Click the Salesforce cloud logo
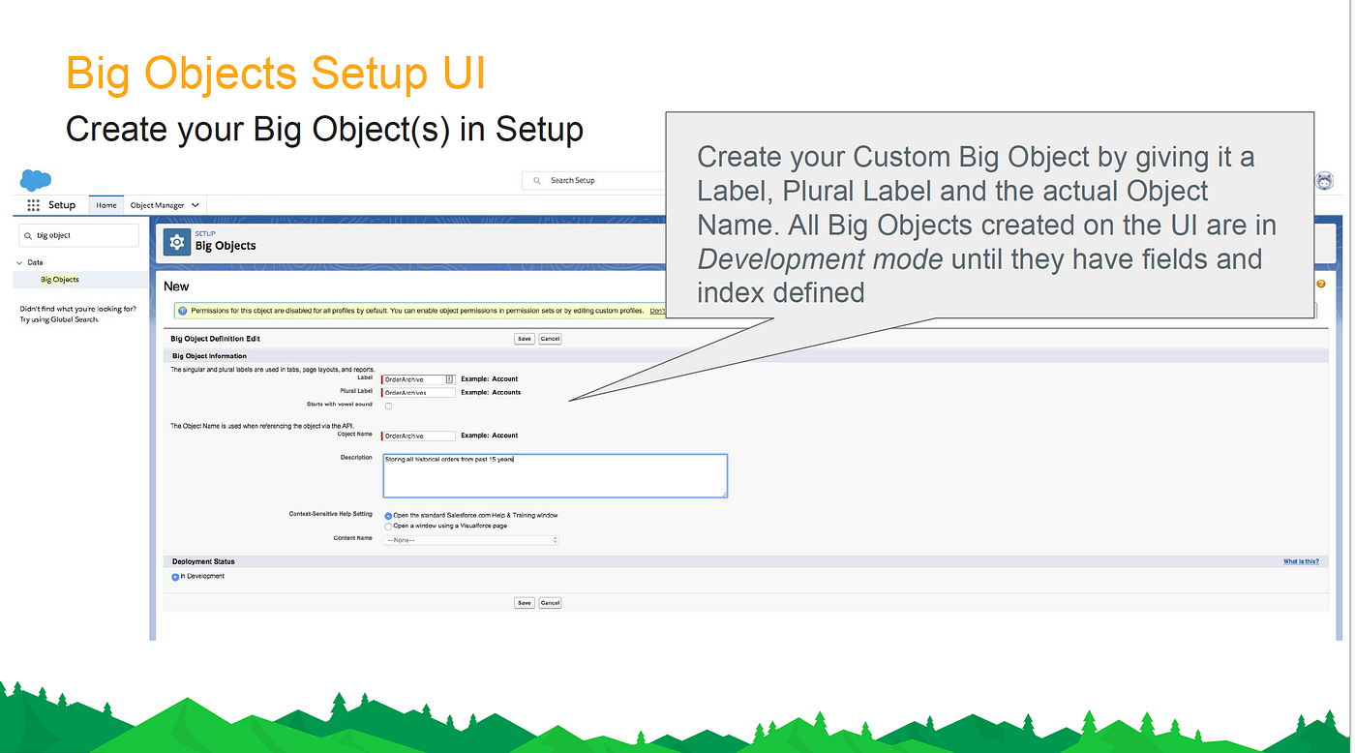click(36, 180)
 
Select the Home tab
click(106, 205)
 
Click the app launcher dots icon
click(33, 205)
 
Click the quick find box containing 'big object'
click(79, 235)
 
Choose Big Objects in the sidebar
click(60, 280)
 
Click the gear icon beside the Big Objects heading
click(176, 243)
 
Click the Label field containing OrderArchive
click(414, 379)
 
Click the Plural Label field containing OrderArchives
click(418, 393)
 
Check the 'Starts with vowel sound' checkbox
click(389, 407)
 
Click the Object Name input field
click(418, 437)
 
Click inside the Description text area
click(555, 475)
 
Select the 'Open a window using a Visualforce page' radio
click(389, 527)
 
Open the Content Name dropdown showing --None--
click(471, 540)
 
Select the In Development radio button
click(176, 577)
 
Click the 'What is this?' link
click(1301, 561)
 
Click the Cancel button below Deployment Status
click(550, 603)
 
